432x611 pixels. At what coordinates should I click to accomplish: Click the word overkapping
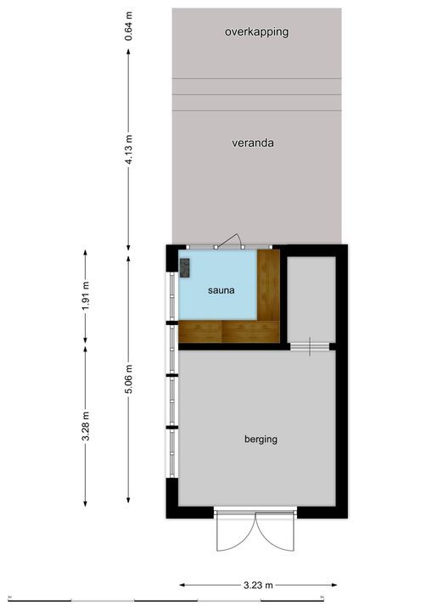256,32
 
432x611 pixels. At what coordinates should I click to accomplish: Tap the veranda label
253,143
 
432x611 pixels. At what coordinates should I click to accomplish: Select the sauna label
221,290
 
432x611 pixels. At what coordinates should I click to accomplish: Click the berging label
261,440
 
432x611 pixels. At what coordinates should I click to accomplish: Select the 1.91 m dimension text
86,295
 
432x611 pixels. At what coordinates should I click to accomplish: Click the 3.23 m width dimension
258,585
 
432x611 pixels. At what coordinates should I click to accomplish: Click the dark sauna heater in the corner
184,267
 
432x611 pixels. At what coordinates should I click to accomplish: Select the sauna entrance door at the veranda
229,243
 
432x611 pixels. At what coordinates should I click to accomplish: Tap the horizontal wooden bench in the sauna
229,331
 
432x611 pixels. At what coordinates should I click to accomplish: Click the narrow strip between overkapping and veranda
256,87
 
